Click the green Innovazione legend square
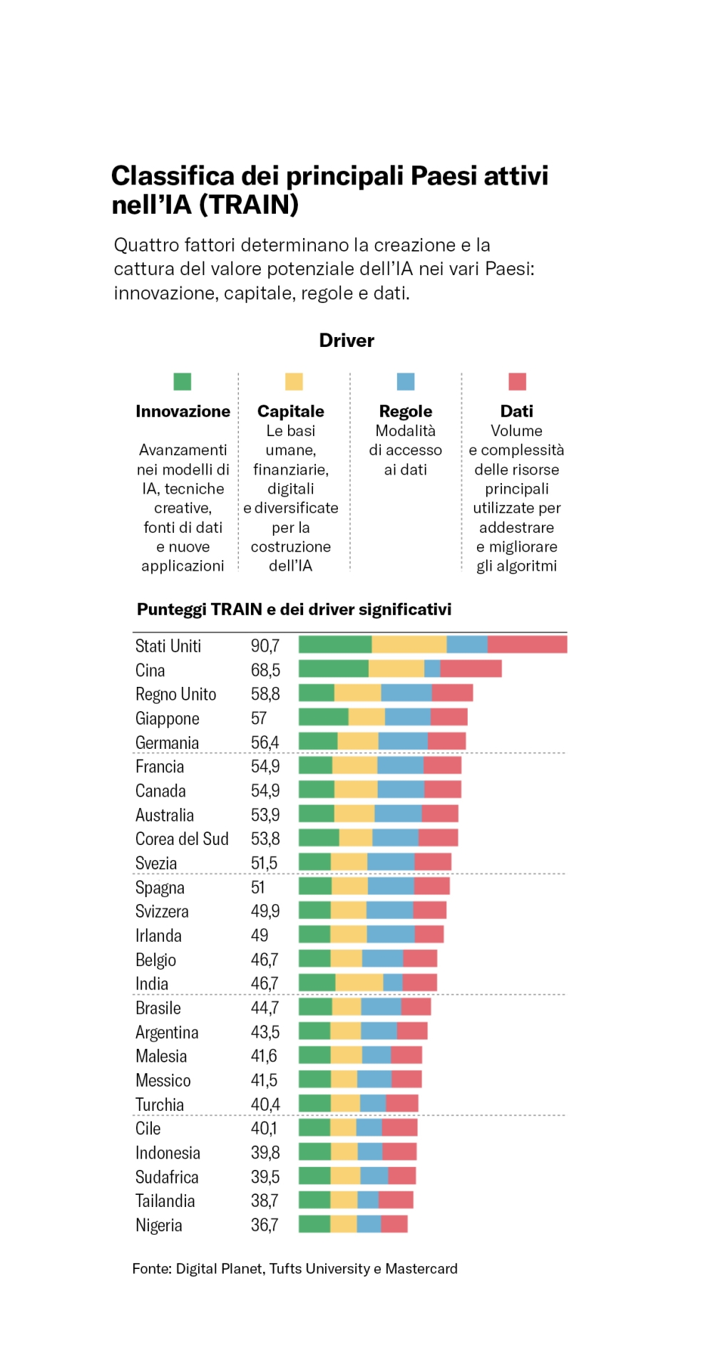click(x=183, y=381)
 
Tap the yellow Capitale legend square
click(x=294, y=381)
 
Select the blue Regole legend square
click(x=406, y=381)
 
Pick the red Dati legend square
click(x=517, y=381)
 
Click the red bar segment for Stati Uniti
click(x=527, y=645)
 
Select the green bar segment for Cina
click(x=333, y=669)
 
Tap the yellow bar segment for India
click(x=359, y=983)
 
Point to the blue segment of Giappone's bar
click(x=408, y=717)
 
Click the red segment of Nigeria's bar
click(x=394, y=1224)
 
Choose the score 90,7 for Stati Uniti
click(x=265, y=646)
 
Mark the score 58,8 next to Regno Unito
click(x=265, y=694)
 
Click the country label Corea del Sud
click(x=182, y=839)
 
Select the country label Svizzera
click(x=162, y=911)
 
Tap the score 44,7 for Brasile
click(x=265, y=1007)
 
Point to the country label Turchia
click(x=160, y=1104)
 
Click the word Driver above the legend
click(x=347, y=341)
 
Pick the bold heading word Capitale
click(x=290, y=411)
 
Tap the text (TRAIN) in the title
click(x=248, y=205)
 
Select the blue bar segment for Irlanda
click(x=391, y=935)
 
